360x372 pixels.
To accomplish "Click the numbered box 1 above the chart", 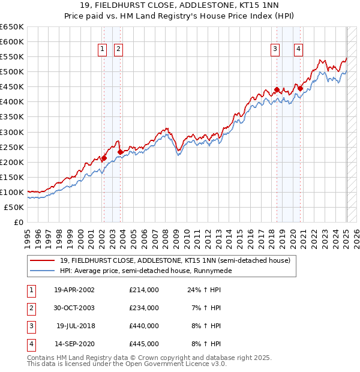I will tap(103, 50).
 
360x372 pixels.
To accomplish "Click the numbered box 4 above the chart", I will tap(298, 50).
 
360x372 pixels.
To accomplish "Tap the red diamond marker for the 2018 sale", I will tap(277, 90).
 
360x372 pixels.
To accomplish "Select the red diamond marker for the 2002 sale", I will tap(104, 158).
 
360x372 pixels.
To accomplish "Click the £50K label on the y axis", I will tap(14, 207).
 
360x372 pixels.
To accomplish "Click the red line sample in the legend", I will tap(43, 260).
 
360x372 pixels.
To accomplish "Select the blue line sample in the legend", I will tap(43, 271).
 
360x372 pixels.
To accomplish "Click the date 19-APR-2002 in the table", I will tap(74, 290).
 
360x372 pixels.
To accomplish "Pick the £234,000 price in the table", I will tap(144, 308).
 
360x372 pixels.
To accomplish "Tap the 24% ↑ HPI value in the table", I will tap(203, 290).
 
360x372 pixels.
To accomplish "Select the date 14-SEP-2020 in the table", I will tap(74, 344).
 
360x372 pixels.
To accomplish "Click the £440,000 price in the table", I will tap(144, 326).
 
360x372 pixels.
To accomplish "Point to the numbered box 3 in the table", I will tap(31, 326).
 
